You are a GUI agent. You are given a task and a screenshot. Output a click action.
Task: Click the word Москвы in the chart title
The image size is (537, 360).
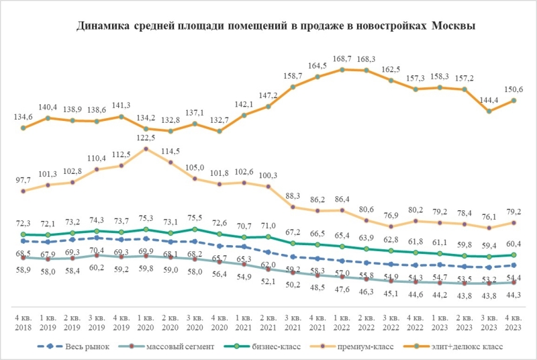point(454,26)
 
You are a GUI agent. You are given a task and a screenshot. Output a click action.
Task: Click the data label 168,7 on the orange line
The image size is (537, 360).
point(342,59)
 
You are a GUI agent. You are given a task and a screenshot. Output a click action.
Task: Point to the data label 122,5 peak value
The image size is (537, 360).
point(146,138)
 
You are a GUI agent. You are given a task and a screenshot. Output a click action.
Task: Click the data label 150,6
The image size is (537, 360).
point(514,89)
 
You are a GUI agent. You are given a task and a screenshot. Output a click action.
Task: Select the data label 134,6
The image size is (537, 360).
point(23,116)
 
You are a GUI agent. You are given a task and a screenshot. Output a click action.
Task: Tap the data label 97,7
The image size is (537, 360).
point(23,180)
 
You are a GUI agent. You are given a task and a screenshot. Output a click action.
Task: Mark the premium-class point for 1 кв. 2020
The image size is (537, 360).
point(146,148)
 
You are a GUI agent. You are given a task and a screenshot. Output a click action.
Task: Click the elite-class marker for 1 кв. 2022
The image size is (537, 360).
point(342,69)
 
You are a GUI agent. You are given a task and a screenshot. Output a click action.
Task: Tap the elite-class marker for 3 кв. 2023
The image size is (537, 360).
point(489,111)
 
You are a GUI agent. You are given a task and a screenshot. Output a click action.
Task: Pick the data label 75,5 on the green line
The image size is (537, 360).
point(195,218)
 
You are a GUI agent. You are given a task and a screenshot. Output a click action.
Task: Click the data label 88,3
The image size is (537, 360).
point(293,196)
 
